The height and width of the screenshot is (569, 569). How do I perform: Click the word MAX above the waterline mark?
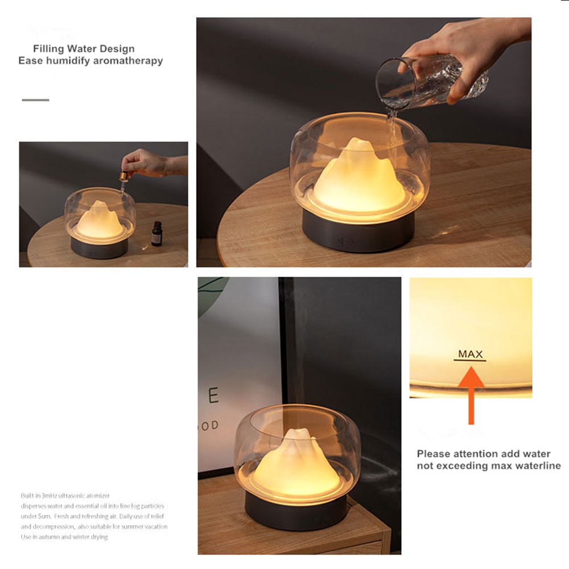click(471, 354)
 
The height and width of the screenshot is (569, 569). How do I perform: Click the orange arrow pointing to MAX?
click(471, 393)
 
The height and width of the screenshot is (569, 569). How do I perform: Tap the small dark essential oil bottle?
click(156, 234)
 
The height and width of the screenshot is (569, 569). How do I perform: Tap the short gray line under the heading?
click(35, 100)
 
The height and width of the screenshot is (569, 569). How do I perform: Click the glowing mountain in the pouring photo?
click(360, 179)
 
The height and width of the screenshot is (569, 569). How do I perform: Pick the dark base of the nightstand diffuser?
click(295, 510)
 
